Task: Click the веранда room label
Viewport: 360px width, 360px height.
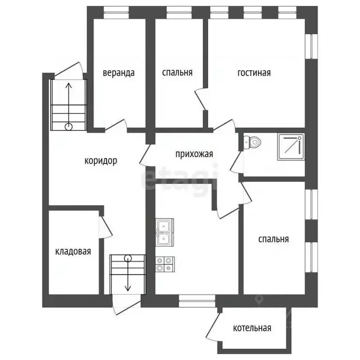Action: coord(119,73)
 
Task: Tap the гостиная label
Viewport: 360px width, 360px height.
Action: coord(254,73)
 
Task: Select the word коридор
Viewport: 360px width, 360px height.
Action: coord(101,161)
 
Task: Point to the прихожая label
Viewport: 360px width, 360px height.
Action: coord(194,154)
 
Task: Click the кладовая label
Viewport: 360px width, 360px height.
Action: coord(73,251)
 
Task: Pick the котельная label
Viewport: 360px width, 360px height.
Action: coord(252,328)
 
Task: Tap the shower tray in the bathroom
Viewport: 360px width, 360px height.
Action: coord(291,147)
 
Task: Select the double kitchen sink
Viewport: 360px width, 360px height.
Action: coord(165,232)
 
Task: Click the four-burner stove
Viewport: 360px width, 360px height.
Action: coord(165,264)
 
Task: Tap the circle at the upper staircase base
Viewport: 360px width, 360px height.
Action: coord(68,127)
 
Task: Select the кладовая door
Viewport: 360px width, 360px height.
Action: coord(105,227)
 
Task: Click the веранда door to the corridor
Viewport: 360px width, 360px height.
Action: coord(116,126)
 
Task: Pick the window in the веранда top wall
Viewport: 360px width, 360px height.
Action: coord(116,12)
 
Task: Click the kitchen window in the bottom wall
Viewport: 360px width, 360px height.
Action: coord(197,301)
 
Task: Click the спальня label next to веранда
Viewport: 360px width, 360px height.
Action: coord(177,73)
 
